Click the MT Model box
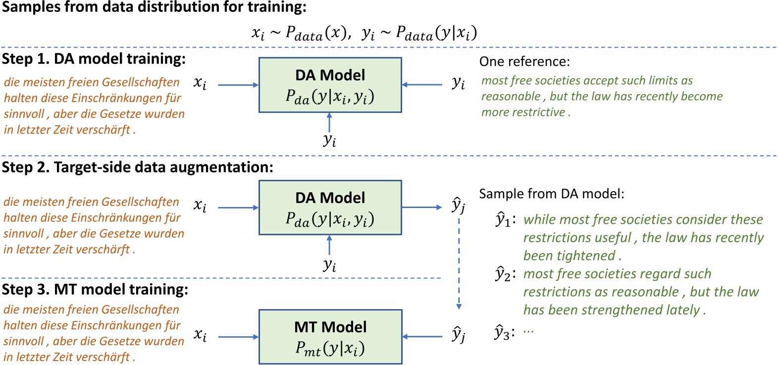pyautogui.click(x=330, y=337)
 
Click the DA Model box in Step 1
pyautogui.click(x=330, y=85)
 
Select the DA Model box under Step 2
pyautogui.click(x=330, y=208)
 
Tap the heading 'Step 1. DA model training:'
pyautogui.click(x=94, y=59)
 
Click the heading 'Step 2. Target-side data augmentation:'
pyautogui.click(x=137, y=167)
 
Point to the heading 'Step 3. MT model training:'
pyautogui.click(x=95, y=289)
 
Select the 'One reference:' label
pyautogui.click(x=524, y=62)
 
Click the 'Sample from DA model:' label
pyautogui.click(x=552, y=194)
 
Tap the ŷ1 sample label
pyautogui.click(x=504, y=220)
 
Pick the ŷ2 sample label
pyautogui.click(x=504, y=274)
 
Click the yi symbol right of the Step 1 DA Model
pyautogui.click(x=459, y=83)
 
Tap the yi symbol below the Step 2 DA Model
pyautogui.click(x=330, y=265)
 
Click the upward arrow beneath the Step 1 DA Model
pyautogui.click(x=329, y=122)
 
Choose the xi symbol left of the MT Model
pyautogui.click(x=200, y=336)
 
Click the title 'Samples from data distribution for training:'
pyautogui.click(x=154, y=7)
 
